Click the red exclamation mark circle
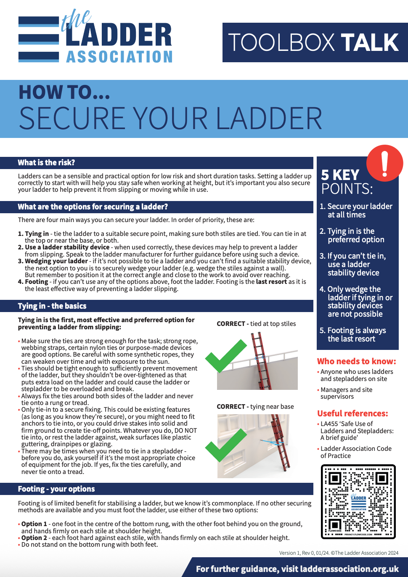tap(384, 163)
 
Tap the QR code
tap(358, 501)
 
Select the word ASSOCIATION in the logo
tap(119, 57)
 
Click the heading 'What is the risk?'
tap(46, 163)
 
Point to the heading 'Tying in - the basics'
tap(52, 306)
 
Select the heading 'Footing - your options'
tap(56, 489)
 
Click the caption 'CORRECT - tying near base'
tap(255, 407)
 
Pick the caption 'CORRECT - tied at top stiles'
tap(256, 324)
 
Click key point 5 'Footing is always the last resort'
tap(356, 335)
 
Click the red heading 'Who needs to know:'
tap(356, 361)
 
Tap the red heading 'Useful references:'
tap(352, 413)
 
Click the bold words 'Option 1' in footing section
tap(34, 524)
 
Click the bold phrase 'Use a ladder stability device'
tap(67, 247)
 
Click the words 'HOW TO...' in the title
tap(64, 93)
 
